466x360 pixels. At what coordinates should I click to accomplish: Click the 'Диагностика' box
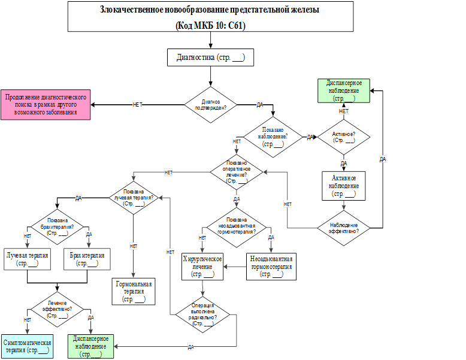(x=210, y=58)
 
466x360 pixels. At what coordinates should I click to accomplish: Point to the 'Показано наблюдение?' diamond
(x=273, y=137)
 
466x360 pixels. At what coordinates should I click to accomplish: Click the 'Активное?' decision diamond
(x=344, y=137)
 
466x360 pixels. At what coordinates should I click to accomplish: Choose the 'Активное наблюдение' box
(x=344, y=186)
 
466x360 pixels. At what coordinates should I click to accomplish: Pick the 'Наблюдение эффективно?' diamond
(x=344, y=228)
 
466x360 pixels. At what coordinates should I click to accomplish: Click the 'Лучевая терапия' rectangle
(x=27, y=259)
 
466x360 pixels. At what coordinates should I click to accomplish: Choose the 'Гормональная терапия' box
(x=134, y=291)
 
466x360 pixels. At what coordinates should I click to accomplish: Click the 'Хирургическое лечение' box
(x=202, y=266)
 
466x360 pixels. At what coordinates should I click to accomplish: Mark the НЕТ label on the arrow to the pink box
(x=137, y=105)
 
